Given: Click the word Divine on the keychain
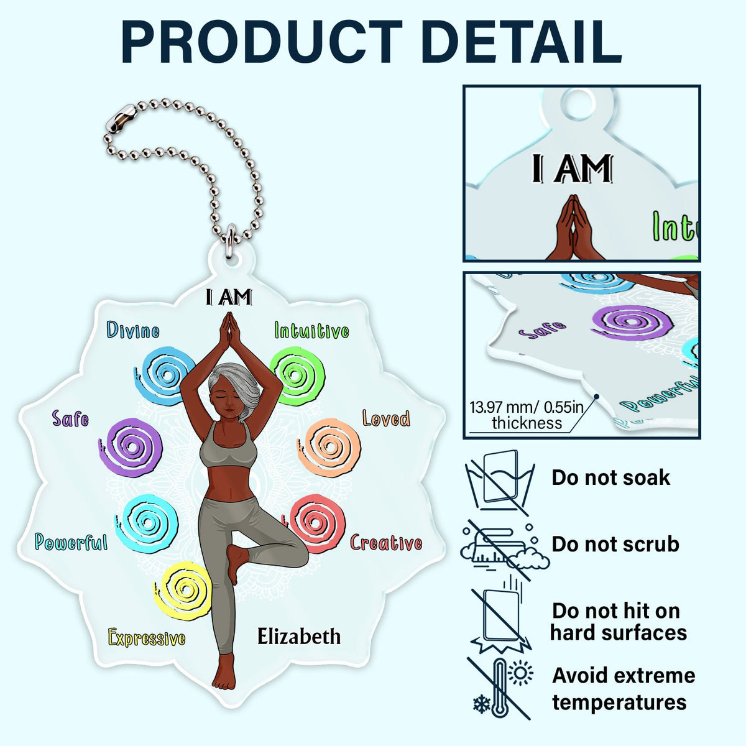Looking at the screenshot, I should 133,330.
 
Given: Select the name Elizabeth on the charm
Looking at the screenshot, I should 298,637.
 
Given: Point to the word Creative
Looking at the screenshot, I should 385,543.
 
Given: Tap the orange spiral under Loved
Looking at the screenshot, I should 329,447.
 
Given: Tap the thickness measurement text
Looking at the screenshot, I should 527,415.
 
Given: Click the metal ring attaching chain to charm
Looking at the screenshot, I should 229,239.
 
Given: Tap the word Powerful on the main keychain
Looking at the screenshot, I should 71,542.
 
